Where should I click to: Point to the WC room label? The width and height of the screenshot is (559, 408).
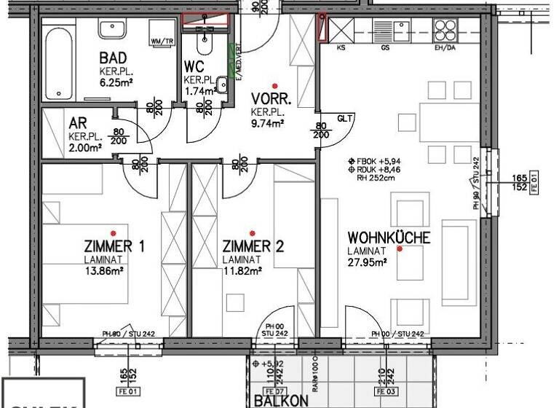click(x=193, y=68)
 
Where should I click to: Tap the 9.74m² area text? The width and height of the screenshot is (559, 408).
click(x=267, y=123)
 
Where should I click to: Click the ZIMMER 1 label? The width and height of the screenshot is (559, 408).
click(x=114, y=247)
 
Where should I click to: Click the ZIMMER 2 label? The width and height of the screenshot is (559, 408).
click(x=253, y=247)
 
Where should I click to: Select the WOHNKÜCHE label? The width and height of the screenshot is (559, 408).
click(x=389, y=238)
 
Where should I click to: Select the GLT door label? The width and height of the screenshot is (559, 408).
click(x=344, y=118)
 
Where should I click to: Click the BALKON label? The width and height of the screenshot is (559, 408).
click(x=281, y=400)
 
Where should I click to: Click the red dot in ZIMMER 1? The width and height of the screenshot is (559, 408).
click(x=112, y=233)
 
